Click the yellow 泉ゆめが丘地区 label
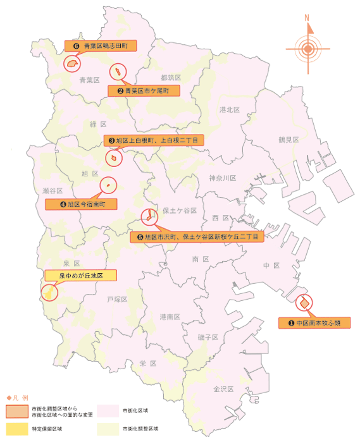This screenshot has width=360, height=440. [x=82, y=275]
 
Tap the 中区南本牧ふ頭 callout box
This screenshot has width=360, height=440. [x=314, y=323]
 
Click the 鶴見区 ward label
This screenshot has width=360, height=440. [x=289, y=140]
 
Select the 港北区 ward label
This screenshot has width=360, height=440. [x=229, y=110]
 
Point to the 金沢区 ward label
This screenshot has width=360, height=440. [x=224, y=389]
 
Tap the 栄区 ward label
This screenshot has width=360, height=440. [x=147, y=364]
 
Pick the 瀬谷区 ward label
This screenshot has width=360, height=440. [x=53, y=190]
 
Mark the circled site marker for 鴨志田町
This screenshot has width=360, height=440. [x=72, y=63]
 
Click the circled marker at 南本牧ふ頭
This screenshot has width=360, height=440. [x=304, y=303]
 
